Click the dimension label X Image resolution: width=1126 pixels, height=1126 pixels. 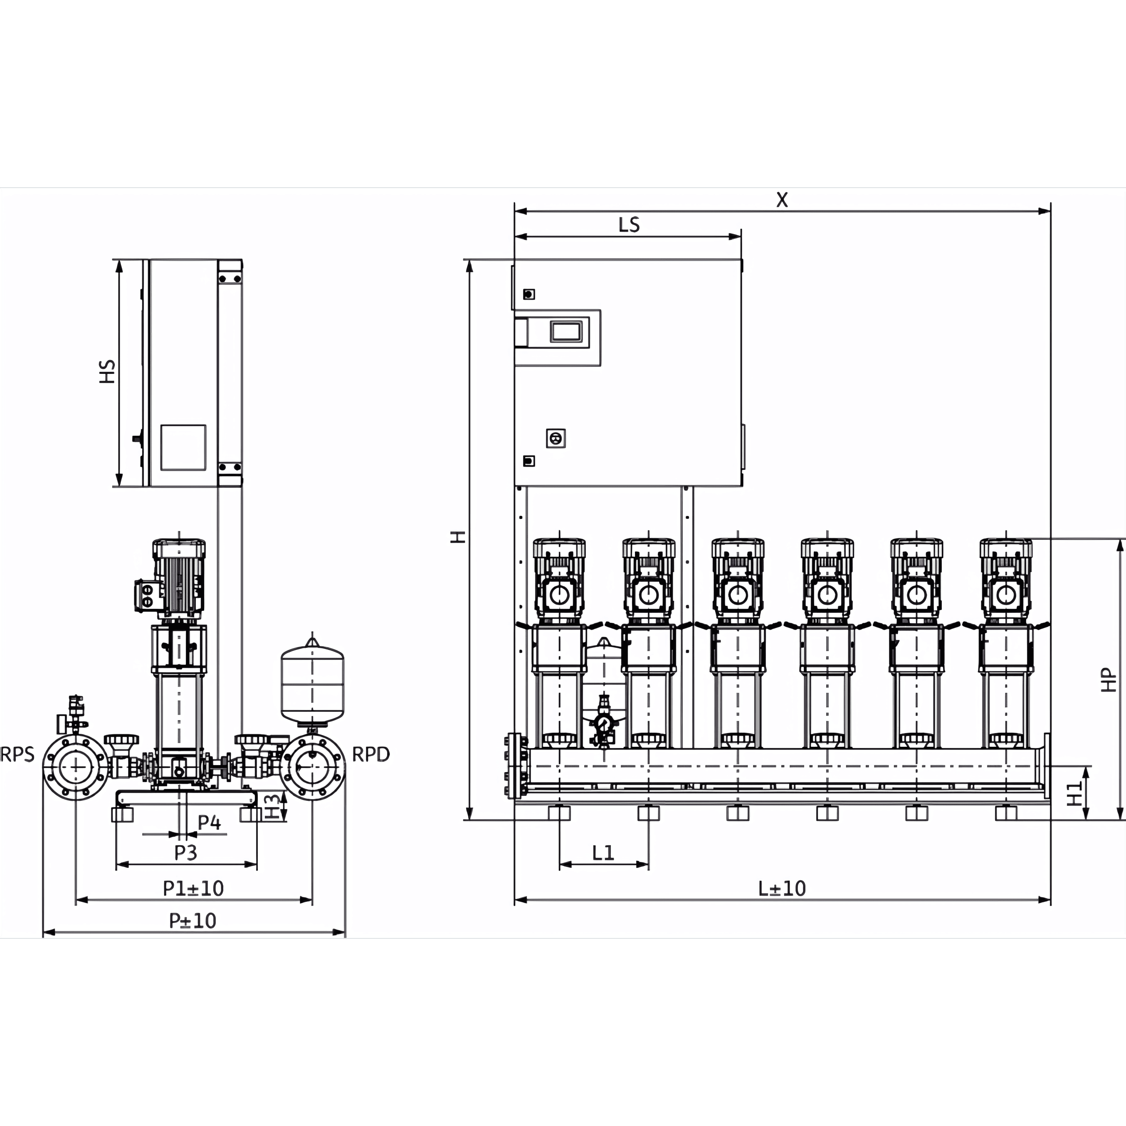[782, 200]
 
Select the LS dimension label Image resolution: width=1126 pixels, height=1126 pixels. [629, 225]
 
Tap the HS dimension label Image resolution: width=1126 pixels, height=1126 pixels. [107, 371]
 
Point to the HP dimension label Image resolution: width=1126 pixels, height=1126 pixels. [1109, 679]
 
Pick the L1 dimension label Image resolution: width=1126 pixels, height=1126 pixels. [603, 853]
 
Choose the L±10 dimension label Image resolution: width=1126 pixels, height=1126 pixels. [782, 888]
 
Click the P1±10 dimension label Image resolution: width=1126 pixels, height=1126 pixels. [193, 888]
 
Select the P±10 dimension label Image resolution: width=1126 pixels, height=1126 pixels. [193, 921]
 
